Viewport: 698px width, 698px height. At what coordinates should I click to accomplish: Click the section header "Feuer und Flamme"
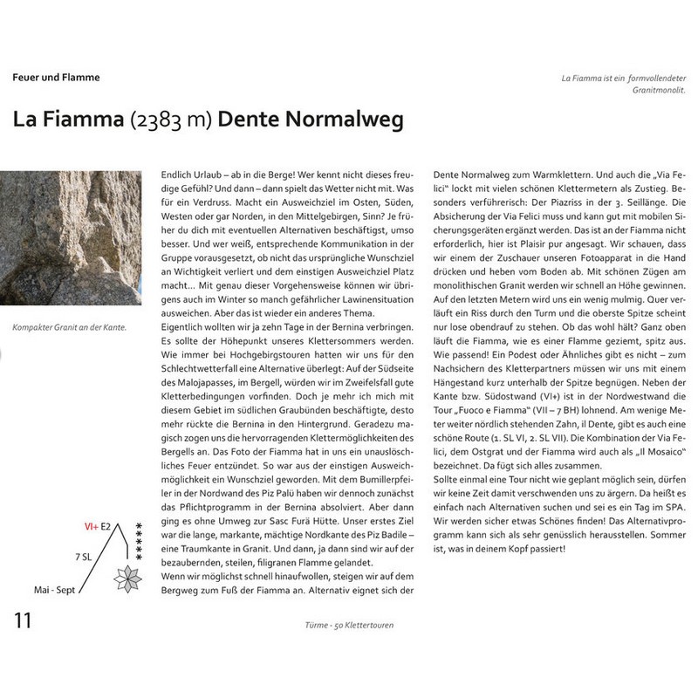coord(56,78)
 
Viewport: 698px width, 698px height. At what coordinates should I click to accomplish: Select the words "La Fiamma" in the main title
coord(67,120)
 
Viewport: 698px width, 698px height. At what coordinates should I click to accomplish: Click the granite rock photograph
coord(71,236)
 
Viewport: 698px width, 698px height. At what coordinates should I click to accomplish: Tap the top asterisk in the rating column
coord(139,523)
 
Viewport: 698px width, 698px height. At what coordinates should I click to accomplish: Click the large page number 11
coord(24,622)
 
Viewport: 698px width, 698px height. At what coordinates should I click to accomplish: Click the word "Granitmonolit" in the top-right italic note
coord(656,90)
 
